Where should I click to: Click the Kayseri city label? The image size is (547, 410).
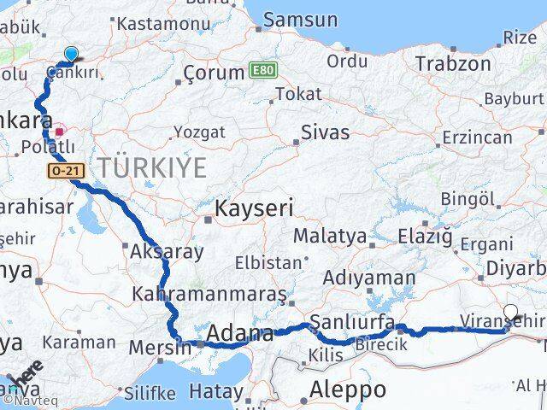pos(254,208)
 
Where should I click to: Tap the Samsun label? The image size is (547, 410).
pos(300,20)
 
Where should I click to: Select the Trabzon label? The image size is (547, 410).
pos(453,63)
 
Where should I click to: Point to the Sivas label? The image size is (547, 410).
pos(325,132)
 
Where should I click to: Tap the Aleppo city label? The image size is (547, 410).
pos(348,390)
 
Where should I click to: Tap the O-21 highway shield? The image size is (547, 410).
pos(65,172)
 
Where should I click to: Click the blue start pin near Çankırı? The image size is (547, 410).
pos(71,54)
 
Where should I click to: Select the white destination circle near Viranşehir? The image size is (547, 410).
pos(511,313)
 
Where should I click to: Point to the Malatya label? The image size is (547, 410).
pos(330,236)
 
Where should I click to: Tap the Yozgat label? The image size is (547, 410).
pos(199,132)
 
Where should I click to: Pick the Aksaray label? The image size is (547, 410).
pos(167,252)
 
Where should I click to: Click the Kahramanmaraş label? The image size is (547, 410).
pos(209,295)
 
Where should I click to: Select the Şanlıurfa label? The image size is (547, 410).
pos(352,322)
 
